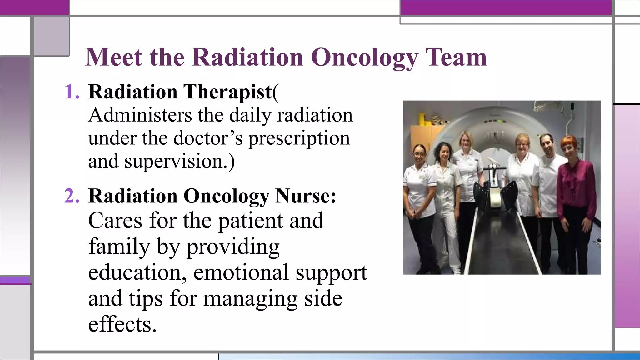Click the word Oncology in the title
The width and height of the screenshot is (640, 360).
pyautogui.click(x=364, y=58)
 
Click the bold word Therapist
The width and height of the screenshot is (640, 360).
pyautogui.click(x=227, y=92)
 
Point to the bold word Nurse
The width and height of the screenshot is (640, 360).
pyautogui.click(x=305, y=196)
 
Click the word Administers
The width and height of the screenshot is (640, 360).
pyautogui.click(x=140, y=115)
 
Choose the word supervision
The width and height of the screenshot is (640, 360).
pyautogui.click(x=179, y=162)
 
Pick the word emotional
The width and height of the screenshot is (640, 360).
pyautogui.click(x=241, y=272)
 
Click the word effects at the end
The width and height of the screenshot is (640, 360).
pyautogui.click(x=122, y=324)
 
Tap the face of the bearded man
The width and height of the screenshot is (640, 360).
pyautogui.click(x=547, y=145)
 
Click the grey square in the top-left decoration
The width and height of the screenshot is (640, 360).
pyautogui.click(x=52, y=36)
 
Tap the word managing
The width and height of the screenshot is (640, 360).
pyautogui.click(x=250, y=298)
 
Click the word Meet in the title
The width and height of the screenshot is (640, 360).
pyautogui.click(x=114, y=58)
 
